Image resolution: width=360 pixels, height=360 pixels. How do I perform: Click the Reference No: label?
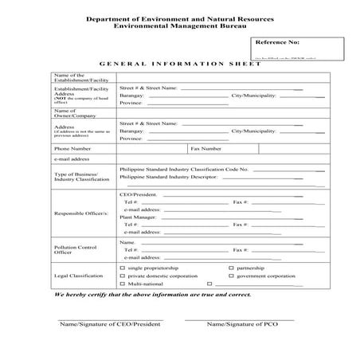point(277,42)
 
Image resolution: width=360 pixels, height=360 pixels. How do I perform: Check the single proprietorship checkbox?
point(122,268)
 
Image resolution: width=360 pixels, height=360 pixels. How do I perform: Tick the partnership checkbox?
point(231,268)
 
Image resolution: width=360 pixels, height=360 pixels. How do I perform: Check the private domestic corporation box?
point(122,276)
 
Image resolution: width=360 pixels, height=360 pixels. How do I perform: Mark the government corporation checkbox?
point(231,276)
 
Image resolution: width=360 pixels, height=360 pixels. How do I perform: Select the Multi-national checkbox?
point(122,284)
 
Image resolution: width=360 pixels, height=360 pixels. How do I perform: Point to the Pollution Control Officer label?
point(75,250)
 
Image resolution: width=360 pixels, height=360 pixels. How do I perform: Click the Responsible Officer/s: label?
point(82,213)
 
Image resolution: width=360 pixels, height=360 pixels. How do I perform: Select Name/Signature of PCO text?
point(238,324)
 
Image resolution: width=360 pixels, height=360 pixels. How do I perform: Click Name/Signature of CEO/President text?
point(111,324)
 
